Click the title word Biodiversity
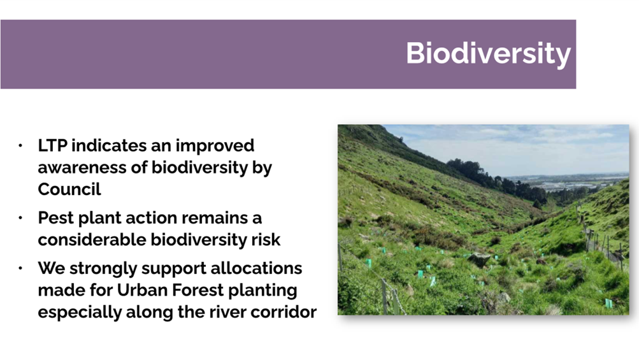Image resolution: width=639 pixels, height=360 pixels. tap(488, 54)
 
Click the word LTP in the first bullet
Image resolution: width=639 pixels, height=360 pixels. tap(53, 145)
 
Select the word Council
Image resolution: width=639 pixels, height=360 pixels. tap(69, 189)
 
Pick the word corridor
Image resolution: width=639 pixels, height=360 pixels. tap(284, 312)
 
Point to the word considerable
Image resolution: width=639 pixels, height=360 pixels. tap(92, 240)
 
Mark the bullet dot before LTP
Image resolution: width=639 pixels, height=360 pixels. tap(20, 145)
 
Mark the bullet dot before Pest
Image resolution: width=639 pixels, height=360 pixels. tap(20, 218)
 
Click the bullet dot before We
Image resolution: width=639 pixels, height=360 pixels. tap(20, 268)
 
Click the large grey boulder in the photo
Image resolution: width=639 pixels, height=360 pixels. tap(479, 259)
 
